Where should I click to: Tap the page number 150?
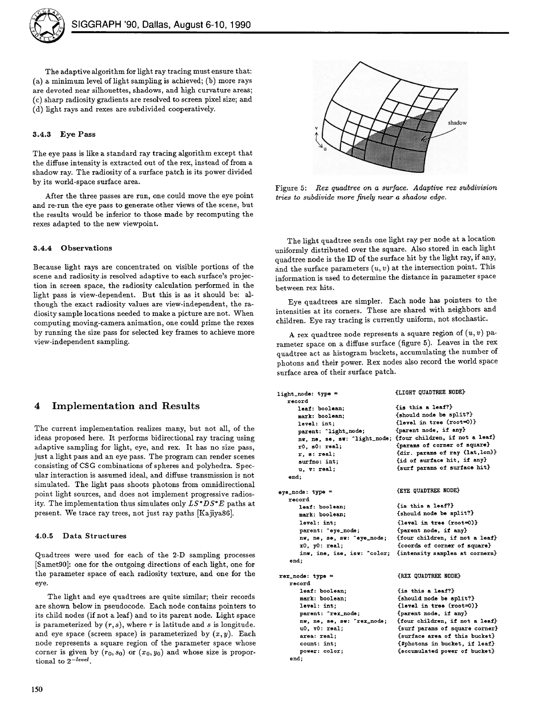pyautogui.click(x=37, y=689)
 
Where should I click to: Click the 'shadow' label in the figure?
pyautogui.click(x=457, y=123)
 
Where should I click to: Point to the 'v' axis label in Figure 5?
pyautogui.click(x=316, y=128)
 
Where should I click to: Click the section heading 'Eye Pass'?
pyautogui.click(x=78, y=134)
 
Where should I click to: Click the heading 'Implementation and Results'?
pyautogui.click(x=126, y=406)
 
